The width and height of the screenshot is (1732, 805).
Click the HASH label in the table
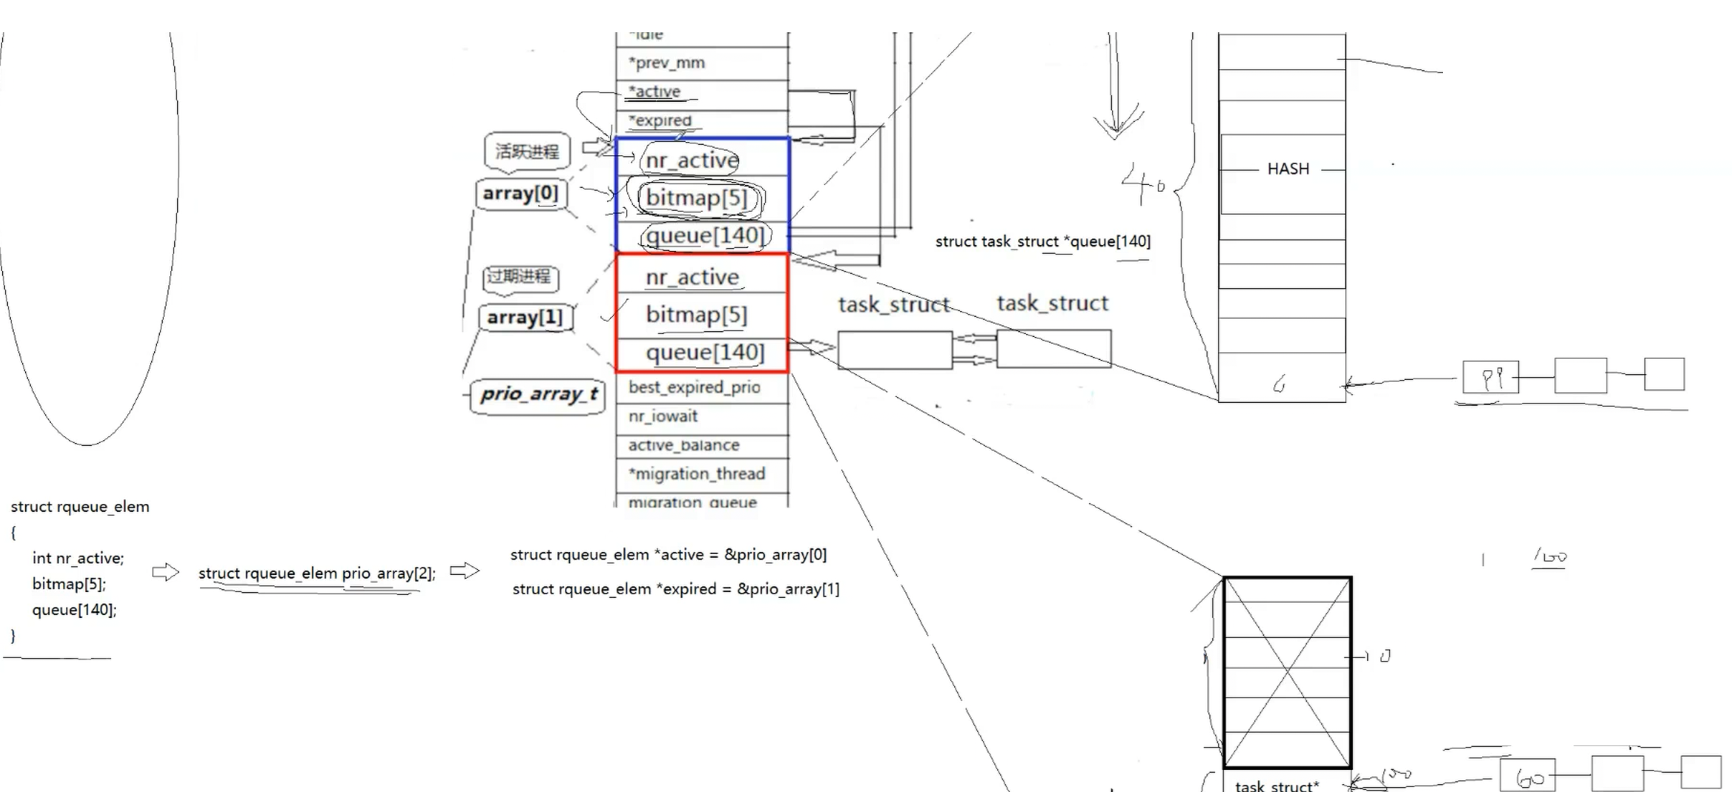click(x=1288, y=169)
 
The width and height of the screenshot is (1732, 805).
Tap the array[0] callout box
click(x=520, y=194)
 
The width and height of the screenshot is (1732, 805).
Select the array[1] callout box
click(x=525, y=318)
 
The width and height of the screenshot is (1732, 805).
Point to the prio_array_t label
click(x=538, y=394)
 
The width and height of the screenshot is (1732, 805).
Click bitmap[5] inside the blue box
click(x=696, y=198)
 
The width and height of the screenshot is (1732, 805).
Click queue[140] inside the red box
click(x=705, y=353)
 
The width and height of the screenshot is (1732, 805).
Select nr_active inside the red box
click(x=692, y=277)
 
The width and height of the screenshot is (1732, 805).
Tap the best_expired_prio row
click(x=694, y=388)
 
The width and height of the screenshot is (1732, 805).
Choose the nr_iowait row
click(x=663, y=416)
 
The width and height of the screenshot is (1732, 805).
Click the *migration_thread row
click(x=697, y=474)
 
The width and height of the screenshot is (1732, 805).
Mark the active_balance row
click(x=683, y=445)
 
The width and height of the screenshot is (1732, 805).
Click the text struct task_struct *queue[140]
click(x=1042, y=242)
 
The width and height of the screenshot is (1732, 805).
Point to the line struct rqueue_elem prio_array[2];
click(x=316, y=573)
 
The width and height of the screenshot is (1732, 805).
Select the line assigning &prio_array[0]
click(x=668, y=555)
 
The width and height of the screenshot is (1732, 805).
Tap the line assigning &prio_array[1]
click(x=675, y=589)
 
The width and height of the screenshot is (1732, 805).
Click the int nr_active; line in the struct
click(x=77, y=558)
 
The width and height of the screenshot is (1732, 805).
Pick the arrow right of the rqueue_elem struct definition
click(x=165, y=572)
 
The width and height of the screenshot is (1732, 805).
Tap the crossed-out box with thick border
click(x=1287, y=672)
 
